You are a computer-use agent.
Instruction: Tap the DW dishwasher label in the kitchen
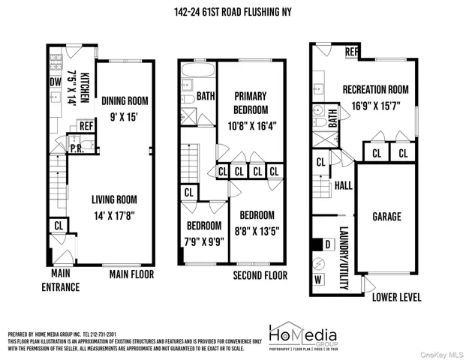55,82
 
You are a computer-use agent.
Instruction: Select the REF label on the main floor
86,126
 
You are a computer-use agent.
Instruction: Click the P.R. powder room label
75,148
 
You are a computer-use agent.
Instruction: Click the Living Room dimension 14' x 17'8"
124,215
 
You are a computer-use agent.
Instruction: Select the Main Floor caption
131,274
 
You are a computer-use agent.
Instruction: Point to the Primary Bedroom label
251,102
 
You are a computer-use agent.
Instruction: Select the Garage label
386,217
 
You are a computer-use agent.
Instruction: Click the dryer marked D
327,244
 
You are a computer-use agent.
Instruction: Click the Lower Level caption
397,297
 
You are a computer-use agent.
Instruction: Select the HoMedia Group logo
302,336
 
